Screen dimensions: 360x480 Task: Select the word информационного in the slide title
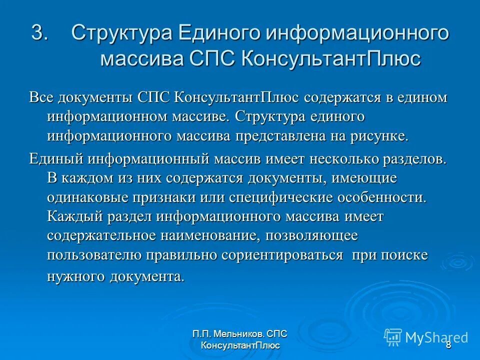(357, 34)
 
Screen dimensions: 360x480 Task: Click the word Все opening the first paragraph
(40, 97)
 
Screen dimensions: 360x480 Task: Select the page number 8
(448, 345)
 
